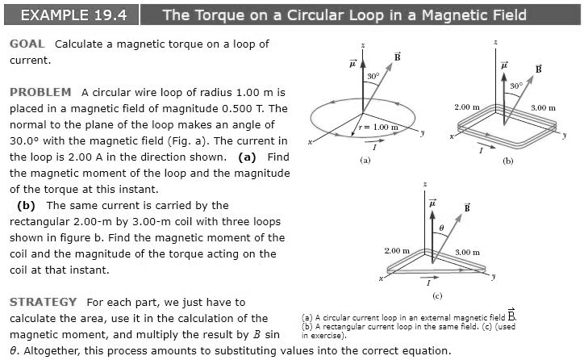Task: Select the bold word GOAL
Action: click(x=27, y=44)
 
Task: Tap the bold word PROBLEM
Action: click(x=40, y=92)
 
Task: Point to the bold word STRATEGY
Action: click(x=43, y=302)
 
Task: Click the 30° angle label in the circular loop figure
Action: click(x=373, y=75)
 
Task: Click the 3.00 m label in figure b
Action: click(x=544, y=107)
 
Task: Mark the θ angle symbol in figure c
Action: click(x=440, y=228)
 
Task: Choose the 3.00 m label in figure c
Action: click(x=468, y=253)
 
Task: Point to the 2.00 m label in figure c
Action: click(x=398, y=251)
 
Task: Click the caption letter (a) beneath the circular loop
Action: click(x=365, y=161)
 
